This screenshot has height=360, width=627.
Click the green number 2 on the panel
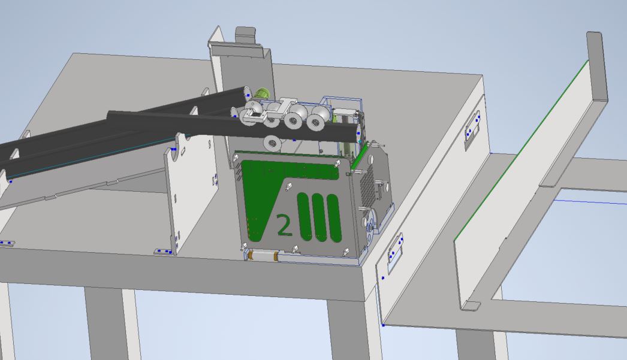[x=284, y=225]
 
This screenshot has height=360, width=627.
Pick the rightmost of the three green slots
[x=334, y=219]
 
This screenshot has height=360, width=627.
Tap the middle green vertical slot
[x=319, y=218]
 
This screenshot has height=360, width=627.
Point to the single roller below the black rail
[x=273, y=143]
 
